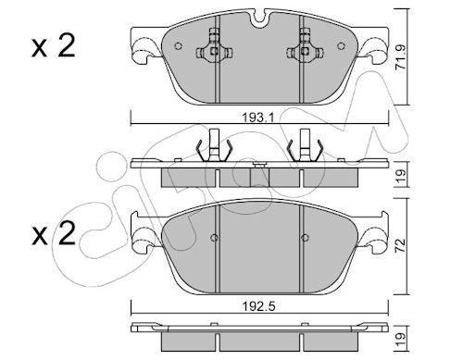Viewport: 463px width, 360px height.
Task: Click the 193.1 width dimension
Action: click(257, 118)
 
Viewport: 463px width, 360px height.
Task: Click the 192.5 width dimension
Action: click(258, 306)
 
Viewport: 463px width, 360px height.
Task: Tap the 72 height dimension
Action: click(401, 246)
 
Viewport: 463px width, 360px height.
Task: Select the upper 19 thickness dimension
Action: click(401, 176)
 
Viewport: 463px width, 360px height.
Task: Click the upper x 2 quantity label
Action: click(53, 46)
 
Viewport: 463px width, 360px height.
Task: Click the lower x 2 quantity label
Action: click(53, 233)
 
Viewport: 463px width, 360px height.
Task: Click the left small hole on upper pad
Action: click(178, 46)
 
